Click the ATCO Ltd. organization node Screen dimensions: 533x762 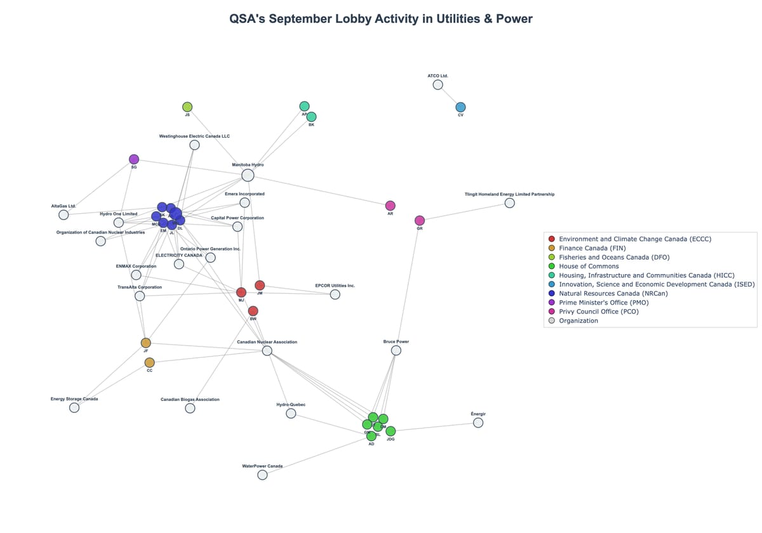[438, 84]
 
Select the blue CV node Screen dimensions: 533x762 [460, 107]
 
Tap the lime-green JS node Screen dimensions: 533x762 [187, 107]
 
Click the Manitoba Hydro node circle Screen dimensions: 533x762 [248, 175]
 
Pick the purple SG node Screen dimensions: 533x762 [134, 159]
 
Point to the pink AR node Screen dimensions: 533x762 [391, 206]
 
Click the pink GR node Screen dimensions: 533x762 [420, 220]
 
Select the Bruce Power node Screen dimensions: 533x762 [396, 350]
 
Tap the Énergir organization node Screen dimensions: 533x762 [478, 423]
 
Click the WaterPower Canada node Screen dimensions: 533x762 [262, 475]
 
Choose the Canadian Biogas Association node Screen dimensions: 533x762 [190, 408]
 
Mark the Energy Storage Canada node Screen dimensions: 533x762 [74, 407]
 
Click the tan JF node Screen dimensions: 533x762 [146, 343]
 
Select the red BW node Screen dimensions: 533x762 [253, 311]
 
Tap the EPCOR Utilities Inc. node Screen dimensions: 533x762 [335, 294]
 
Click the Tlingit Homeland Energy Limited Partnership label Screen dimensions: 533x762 [509, 194]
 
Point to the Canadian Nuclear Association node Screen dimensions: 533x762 [267, 351]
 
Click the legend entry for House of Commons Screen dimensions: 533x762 [589, 266]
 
